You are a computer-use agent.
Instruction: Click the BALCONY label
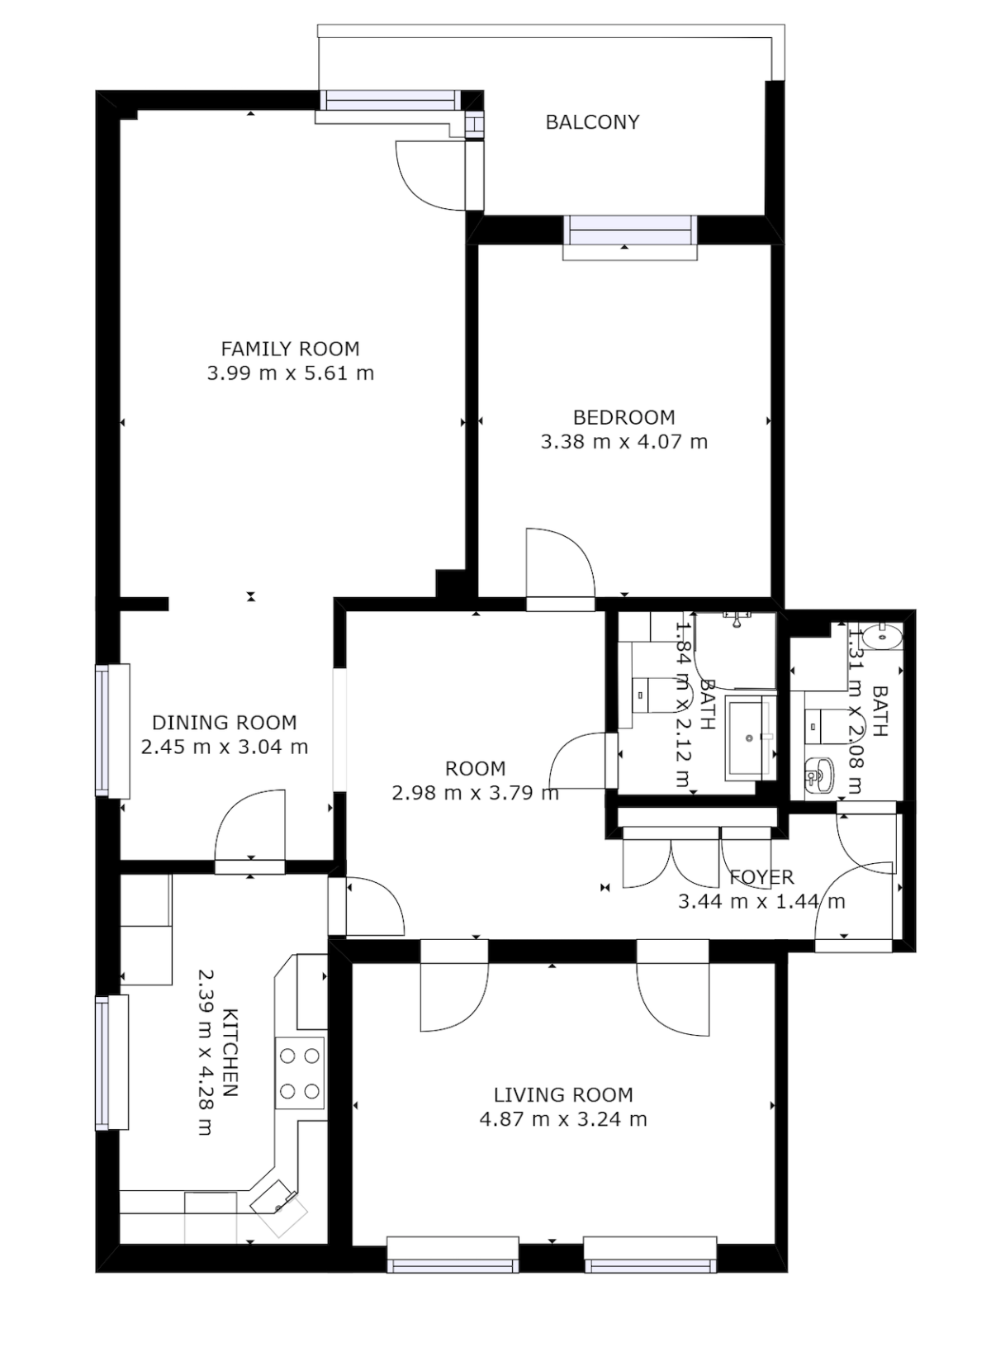pos(592,122)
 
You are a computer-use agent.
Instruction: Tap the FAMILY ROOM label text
pos(290,349)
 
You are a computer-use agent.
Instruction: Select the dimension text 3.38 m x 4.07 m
pos(624,442)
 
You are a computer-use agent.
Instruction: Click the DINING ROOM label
pos(225,723)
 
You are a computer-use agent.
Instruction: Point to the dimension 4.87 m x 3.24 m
pos(563,1119)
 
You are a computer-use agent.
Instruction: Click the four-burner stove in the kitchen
pos(300,1073)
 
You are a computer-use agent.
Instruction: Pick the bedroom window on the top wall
pos(630,231)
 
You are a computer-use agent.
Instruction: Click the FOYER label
pos(761,877)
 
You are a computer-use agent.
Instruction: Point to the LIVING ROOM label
pos(563,1095)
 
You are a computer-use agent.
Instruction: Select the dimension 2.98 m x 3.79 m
pos(476,794)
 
